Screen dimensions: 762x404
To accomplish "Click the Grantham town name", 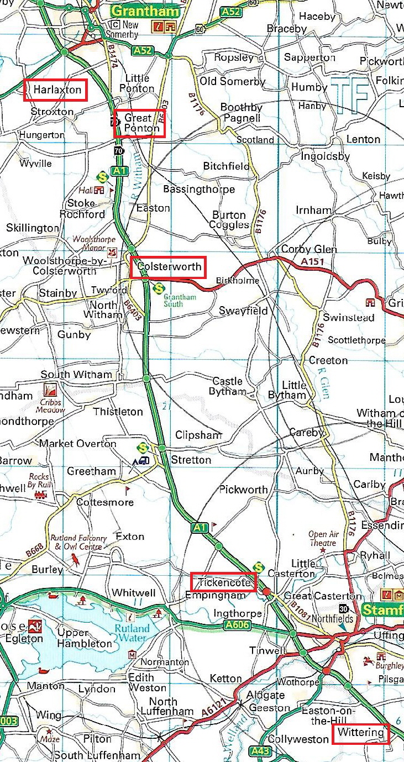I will pyautogui.click(x=145, y=10).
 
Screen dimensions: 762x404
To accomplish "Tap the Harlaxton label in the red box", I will pyautogui.click(x=55, y=90).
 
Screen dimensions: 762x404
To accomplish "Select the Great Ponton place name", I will pyautogui.click(x=139, y=123).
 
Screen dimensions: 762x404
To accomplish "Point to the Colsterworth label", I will pyautogui.click(x=169, y=267).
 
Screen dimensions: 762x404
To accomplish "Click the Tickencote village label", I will pyautogui.click(x=224, y=582).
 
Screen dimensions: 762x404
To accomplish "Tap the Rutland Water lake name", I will pyautogui.click(x=132, y=634).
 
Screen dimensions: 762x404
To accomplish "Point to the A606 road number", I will pyautogui.click(x=238, y=626).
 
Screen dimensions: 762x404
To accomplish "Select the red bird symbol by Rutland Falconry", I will pyautogui.click(x=73, y=561).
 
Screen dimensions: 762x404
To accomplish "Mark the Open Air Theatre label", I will pyautogui.click(x=322, y=539).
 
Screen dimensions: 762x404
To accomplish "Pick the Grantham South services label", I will pyautogui.click(x=180, y=301).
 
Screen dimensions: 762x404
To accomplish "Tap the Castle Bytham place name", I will pyautogui.click(x=227, y=386).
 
